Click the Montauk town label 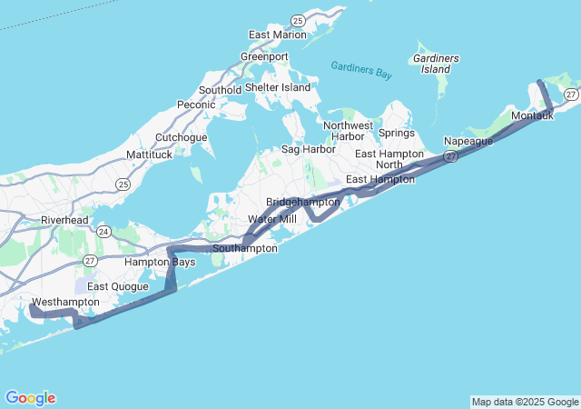(x=532, y=116)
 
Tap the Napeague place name (x=468, y=141)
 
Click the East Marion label (x=278, y=35)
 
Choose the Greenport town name (x=264, y=56)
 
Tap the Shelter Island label (x=278, y=87)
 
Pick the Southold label (x=220, y=90)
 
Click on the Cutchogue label (x=182, y=137)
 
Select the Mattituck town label (x=150, y=155)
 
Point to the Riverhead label (x=64, y=220)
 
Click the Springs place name (x=397, y=133)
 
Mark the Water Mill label (x=272, y=219)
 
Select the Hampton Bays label (x=160, y=262)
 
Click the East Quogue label (x=118, y=285)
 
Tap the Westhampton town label (x=65, y=301)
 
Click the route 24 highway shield (x=104, y=232)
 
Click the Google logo (x=30, y=398)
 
